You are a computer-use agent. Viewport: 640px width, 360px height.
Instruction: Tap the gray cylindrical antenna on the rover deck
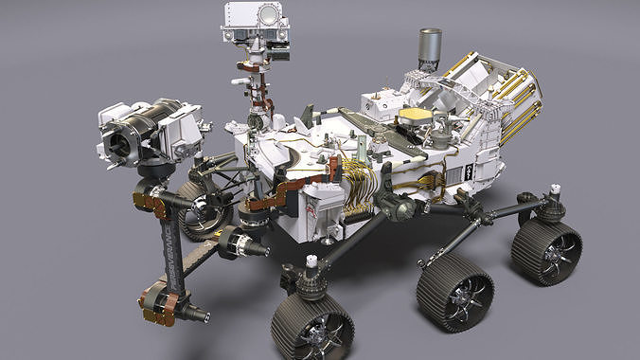[430, 48]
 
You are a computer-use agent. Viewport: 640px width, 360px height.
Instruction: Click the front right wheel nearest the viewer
[312, 324]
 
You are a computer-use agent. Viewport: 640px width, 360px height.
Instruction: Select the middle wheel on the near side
[454, 290]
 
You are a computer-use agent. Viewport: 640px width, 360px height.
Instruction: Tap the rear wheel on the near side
[546, 250]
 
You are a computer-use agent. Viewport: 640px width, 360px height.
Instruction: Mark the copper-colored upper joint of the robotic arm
[149, 200]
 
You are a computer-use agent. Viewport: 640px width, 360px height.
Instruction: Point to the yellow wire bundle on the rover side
[355, 180]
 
